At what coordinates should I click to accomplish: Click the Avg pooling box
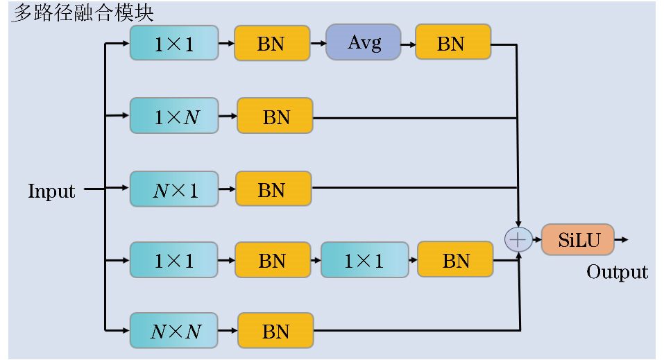[x=364, y=42]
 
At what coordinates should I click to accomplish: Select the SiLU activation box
[x=578, y=240]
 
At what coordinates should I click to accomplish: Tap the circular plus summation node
[x=518, y=239]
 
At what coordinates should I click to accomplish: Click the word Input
[x=51, y=191]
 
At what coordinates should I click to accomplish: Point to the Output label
[x=617, y=272]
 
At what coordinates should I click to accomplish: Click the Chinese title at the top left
[x=82, y=12]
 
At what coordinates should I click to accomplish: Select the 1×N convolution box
[x=174, y=116]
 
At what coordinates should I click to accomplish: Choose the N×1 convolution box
[x=174, y=189]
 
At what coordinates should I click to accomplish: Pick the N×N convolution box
[x=174, y=331]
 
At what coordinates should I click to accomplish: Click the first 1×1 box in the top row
[x=174, y=43]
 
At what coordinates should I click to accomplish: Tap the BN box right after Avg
[x=453, y=42]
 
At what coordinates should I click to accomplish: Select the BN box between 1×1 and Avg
[x=272, y=43]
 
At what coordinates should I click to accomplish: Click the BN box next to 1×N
[x=275, y=116]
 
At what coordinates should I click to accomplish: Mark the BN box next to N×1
[x=273, y=189]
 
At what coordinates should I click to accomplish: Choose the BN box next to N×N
[x=275, y=331]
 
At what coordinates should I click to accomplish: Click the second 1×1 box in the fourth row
[x=365, y=260]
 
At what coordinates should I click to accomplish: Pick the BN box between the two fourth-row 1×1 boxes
[x=273, y=260]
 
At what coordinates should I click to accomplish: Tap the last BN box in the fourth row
[x=455, y=259]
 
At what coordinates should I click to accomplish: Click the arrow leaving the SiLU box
[x=622, y=240]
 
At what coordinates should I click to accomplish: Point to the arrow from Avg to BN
[x=408, y=44]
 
